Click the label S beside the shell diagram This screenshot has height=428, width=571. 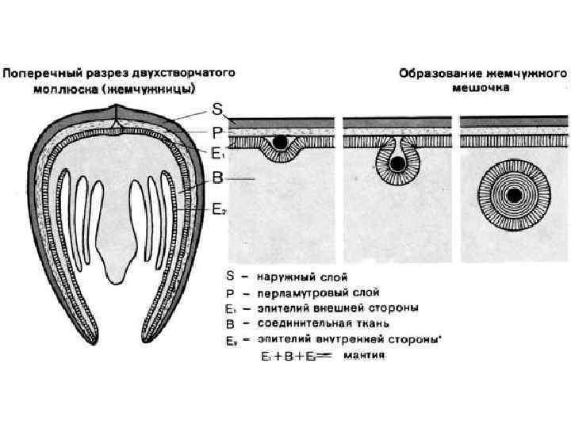(217, 107)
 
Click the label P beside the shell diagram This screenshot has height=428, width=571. (217, 132)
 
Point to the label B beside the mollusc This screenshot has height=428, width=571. (217, 179)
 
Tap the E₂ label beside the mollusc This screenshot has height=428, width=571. (219, 209)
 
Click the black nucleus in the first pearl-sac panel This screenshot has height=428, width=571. (280, 143)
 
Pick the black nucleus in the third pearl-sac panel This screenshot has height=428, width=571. (515, 194)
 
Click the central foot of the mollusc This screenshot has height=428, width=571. (116, 258)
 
